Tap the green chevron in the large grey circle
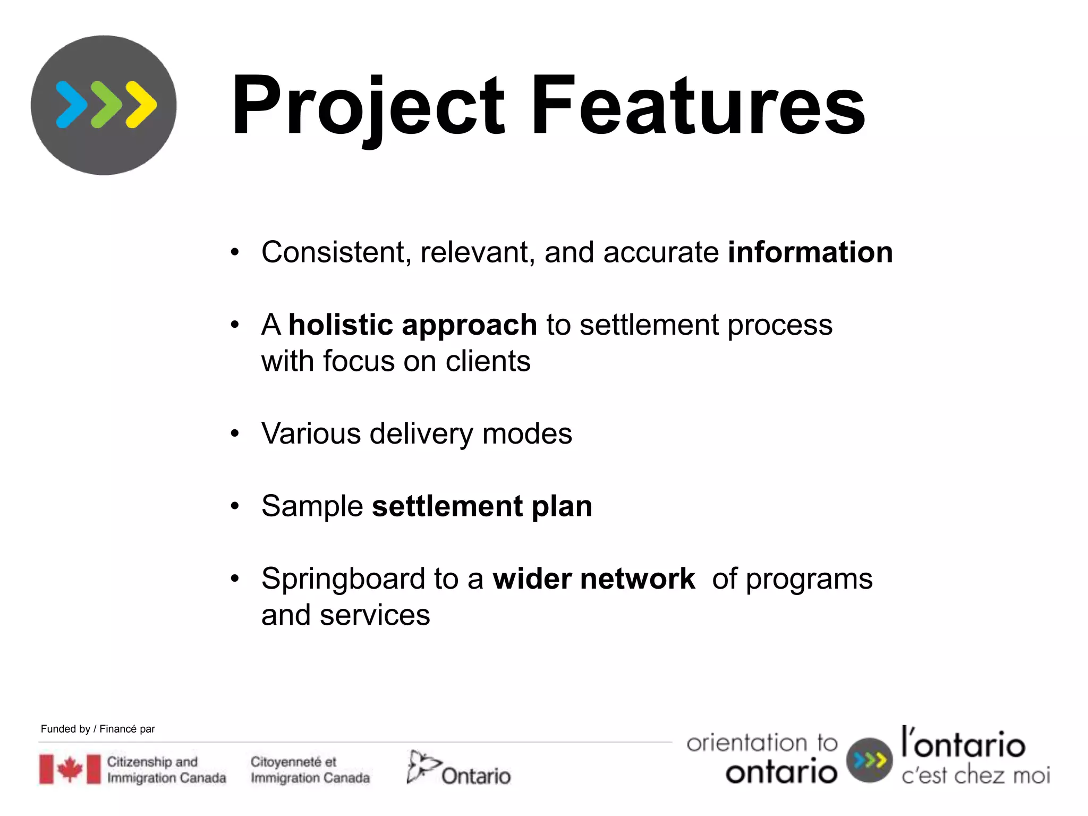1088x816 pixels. coord(106,105)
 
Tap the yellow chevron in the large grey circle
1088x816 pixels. coord(141,105)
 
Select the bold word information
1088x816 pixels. coord(810,252)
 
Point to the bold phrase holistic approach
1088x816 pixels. coord(412,325)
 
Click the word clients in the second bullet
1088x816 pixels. coord(488,361)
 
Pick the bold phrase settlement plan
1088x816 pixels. coord(481,506)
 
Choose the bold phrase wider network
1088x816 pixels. coord(593,579)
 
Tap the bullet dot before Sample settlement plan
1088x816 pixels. coord(235,506)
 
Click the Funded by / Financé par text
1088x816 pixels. coord(98,729)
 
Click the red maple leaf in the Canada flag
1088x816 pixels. coord(70,769)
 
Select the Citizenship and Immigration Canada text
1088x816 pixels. coord(166,769)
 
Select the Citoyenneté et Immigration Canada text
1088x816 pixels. coord(310,769)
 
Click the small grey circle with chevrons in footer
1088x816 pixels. coord(869,760)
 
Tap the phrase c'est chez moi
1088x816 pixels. coord(975,776)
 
